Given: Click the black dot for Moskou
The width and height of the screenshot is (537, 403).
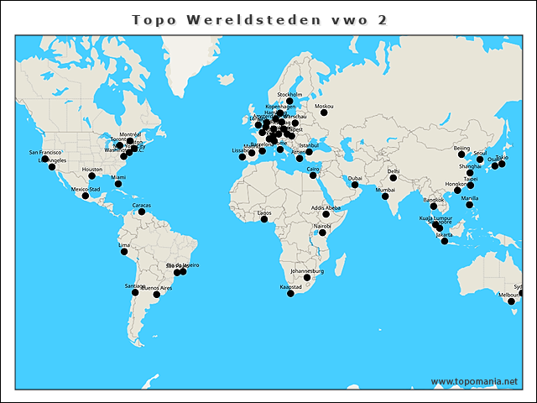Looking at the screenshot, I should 324,113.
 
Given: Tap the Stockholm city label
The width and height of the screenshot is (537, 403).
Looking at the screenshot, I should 289,94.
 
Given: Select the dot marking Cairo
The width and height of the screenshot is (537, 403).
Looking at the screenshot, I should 313,175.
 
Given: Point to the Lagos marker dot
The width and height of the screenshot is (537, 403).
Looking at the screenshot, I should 264,219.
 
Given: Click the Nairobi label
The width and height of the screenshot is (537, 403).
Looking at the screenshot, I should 322,226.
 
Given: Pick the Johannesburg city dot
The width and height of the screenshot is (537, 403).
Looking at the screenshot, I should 307,278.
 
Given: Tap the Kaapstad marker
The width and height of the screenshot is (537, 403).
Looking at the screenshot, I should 291,294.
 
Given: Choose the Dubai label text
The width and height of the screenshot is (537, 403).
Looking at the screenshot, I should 355,178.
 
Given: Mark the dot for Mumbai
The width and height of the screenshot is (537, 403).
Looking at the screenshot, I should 385,196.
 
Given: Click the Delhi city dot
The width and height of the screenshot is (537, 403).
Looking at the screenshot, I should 394,178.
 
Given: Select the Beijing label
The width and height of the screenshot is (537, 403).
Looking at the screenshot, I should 461,148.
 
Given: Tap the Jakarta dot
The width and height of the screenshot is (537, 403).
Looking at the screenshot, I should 445,242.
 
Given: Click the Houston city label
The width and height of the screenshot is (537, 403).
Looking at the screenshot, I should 91,170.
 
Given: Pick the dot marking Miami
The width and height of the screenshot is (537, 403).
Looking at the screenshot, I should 118,184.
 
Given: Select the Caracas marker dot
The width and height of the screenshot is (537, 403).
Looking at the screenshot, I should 142,212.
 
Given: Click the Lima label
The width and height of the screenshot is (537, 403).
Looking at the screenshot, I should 124,245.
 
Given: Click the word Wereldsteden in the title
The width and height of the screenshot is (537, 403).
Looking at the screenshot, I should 261,19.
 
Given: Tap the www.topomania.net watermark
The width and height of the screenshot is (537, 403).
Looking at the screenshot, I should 474,382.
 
